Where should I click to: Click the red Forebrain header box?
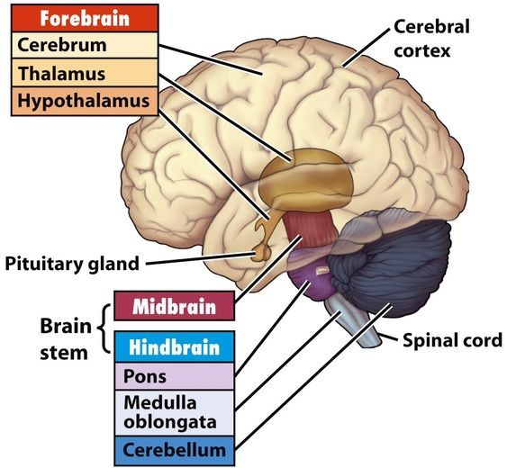pos(85,18)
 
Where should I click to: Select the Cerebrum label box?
pos(85,45)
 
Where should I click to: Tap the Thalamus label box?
pos(85,73)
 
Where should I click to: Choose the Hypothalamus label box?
pos(85,101)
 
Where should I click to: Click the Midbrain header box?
pos(175,306)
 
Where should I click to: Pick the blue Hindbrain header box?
pos(175,346)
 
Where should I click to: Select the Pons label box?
pos(175,376)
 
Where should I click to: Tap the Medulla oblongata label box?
pos(175,413)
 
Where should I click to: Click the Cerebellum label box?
pos(175,451)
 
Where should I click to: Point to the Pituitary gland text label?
pos(72,264)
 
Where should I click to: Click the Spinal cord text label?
pos(452,340)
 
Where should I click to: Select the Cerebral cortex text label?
pos(431,39)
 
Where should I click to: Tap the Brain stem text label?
pos(66,339)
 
